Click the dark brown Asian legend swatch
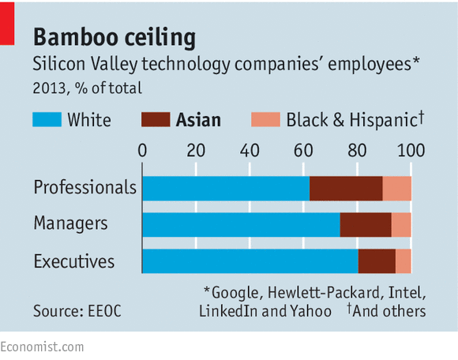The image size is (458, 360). [155, 120]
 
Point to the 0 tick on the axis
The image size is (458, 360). [142, 150]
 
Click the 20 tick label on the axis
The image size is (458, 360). [196, 150]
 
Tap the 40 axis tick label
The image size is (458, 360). [250, 150]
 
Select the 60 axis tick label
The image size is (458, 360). [303, 150]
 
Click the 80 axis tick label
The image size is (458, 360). [357, 150]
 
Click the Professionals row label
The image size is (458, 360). [85, 188]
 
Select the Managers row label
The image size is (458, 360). [70, 224]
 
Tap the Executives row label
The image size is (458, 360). [74, 261]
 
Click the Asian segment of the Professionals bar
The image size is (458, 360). [346, 188]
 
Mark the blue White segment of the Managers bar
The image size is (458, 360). [241, 225]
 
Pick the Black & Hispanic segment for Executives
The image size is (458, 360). [403, 261]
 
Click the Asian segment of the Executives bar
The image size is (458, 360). [377, 261]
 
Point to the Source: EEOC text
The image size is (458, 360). [79, 311]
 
